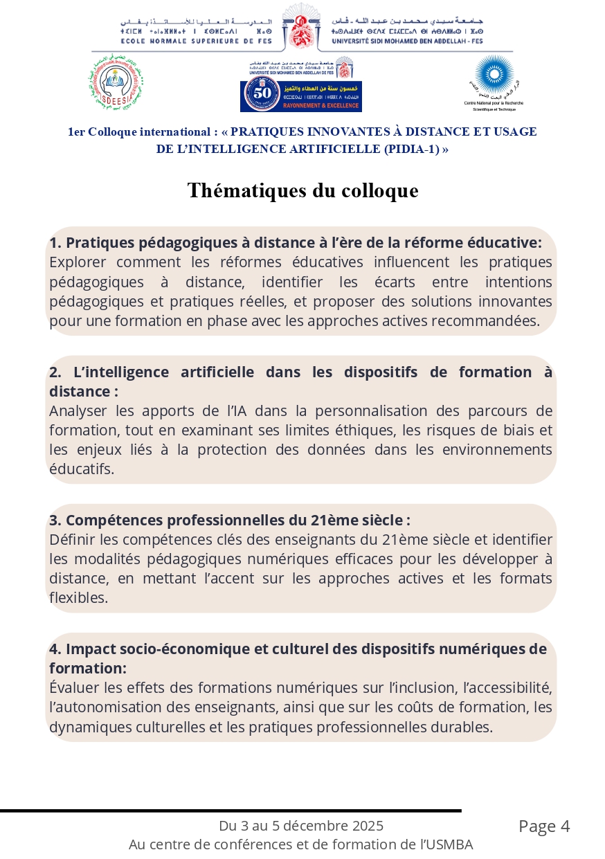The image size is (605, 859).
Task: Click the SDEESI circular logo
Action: pos(116,82)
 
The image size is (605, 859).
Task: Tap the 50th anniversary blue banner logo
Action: pos(301,96)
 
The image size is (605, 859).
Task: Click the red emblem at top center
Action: pos(302,26)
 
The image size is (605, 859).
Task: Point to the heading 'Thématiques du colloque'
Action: pos(302,190)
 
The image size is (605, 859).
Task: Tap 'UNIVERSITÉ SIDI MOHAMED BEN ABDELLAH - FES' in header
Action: pos(408,41)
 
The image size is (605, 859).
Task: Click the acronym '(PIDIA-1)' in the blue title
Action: pos(411,149)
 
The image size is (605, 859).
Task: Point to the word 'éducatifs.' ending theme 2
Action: pos(82,469)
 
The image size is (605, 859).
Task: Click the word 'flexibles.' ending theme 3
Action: pos(79,597)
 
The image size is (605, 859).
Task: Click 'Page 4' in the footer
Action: pos(544,826)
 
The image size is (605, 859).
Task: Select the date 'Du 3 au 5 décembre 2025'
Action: pos(301,826)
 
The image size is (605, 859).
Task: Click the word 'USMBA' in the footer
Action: pos(450,844)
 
